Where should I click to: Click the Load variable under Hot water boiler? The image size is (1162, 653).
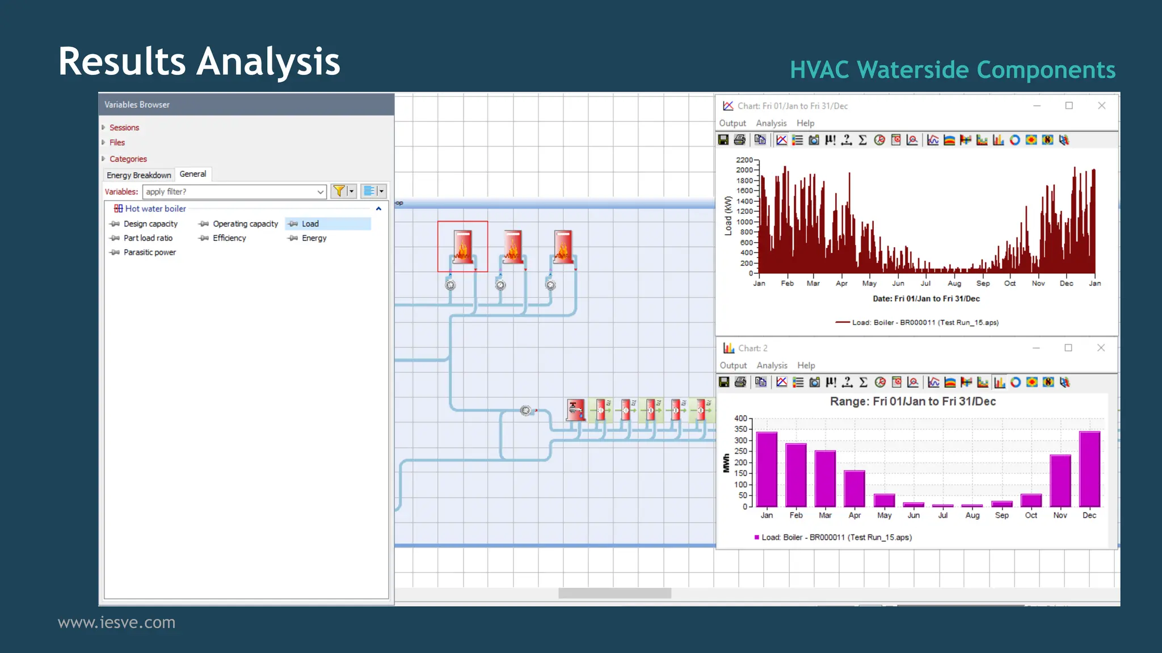pos(310,224)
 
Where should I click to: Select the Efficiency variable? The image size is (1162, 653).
pos(229,238)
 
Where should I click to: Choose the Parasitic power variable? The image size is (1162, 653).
pos(149,252)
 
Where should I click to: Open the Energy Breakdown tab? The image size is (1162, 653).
pos(138,175)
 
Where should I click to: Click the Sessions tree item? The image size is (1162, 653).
pos(124,128)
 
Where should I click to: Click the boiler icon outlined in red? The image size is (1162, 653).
pos(462,247)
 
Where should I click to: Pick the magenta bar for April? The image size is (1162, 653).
pos(854,489)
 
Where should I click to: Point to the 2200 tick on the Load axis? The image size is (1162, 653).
pos(744,160)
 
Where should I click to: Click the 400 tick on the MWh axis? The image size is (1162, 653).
pos(740,418)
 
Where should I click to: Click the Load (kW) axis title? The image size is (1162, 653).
pos(728,216)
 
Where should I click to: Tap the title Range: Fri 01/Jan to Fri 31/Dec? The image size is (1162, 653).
pos(912,401)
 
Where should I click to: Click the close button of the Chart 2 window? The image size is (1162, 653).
pos(1101,348)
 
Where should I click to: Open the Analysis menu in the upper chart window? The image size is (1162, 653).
pos(771,123)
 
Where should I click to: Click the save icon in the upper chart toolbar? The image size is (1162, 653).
pos(723,140)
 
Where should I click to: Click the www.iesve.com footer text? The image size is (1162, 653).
pos(116,622)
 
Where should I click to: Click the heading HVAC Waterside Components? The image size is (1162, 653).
pos(952,70)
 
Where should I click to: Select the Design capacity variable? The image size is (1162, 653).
pos(150,224)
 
